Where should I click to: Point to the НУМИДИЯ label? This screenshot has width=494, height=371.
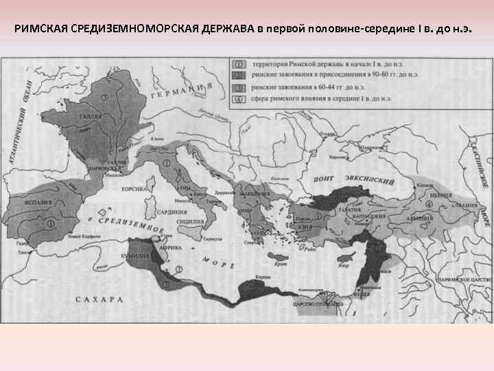tap(136, 255)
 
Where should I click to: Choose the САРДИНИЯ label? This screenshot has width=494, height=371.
tap(172, 213)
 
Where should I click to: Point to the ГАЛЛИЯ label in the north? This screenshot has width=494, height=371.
tap(90, 117)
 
